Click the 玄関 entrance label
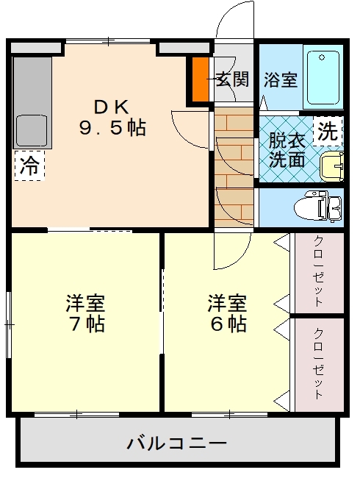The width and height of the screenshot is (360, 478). (x=233, y=79)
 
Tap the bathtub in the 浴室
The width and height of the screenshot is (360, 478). (x=323, y=77)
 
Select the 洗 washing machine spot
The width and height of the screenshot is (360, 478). (x=328, y=132)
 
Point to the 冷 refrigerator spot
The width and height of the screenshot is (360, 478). (x=29, y=165)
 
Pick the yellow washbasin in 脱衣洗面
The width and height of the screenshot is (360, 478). (x=332, y=166)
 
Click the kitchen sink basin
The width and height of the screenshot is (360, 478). (x=32, y=130)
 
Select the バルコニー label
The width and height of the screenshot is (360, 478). (x=177, y=443)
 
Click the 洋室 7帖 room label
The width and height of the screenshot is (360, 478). (x=85, y=313)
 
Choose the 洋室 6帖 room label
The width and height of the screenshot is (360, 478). (x=227, y=313)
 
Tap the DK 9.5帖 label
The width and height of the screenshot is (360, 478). (x=112, y=118)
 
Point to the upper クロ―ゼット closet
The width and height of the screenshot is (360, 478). (x=319, y=273)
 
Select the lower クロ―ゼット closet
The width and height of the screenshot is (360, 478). (x=319, y=365)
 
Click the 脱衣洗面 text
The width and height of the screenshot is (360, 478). (x=287, y=150)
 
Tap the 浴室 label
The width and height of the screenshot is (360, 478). (x=281, y=79)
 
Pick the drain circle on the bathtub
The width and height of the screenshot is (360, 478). (x=322, y=57)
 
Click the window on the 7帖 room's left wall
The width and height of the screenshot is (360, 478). (x=9, y=324)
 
